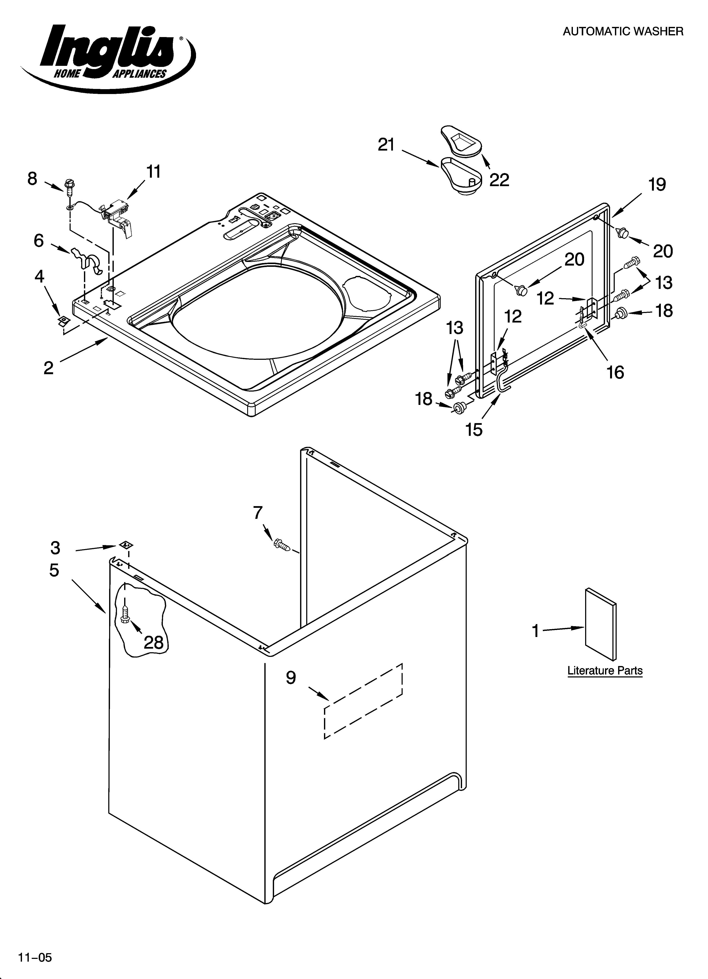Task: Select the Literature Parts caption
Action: pos(605,671)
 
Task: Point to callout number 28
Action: pos(154,643)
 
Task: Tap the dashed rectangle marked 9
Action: pos(363,701)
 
